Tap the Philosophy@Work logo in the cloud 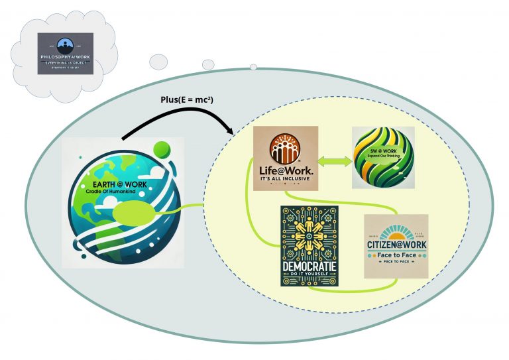point(65,53)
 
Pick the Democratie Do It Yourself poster point(308,245)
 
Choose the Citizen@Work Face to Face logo point(396,245)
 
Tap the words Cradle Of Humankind point(119,191)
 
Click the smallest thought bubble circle point(253,66)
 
